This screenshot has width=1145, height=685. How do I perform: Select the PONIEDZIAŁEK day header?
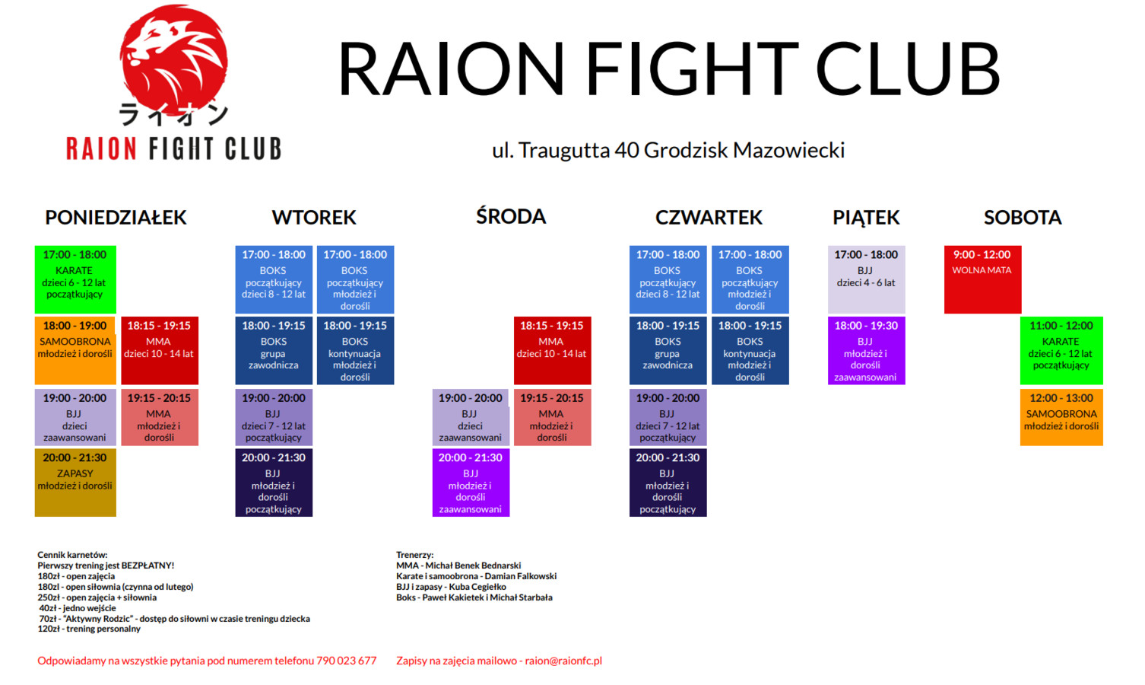tap(116, 218)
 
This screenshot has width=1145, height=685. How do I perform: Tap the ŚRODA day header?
tap(511, 216)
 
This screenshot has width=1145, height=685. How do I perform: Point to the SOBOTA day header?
tap(1023, 218)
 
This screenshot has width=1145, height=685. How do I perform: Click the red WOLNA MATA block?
tap(982, 279)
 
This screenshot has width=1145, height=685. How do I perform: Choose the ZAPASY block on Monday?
tap(76, 483)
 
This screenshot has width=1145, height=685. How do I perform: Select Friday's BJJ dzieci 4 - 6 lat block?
tap(867, 279)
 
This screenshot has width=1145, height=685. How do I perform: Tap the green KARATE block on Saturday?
tap(1061, 350)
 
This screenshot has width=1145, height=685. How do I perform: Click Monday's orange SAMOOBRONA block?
tap(76, 350)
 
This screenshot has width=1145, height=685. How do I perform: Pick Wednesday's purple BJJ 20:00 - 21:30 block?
tap(471, 483)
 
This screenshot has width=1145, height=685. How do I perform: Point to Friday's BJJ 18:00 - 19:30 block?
tap(867, 350)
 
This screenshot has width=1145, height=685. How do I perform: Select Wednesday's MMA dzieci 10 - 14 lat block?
tap(552, 350)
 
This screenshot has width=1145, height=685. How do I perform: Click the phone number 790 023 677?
tap(346, 661)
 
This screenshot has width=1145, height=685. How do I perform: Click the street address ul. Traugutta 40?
tap(566, 151)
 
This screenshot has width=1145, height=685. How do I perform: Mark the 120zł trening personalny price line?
tap(89, 629)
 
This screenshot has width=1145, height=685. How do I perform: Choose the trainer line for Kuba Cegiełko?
tap(451, 587)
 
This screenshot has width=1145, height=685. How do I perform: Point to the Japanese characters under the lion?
tap(173, 113)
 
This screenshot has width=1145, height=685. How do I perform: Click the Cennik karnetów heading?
tap(72, 555)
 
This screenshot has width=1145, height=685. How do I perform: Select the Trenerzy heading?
tap(414, 555)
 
